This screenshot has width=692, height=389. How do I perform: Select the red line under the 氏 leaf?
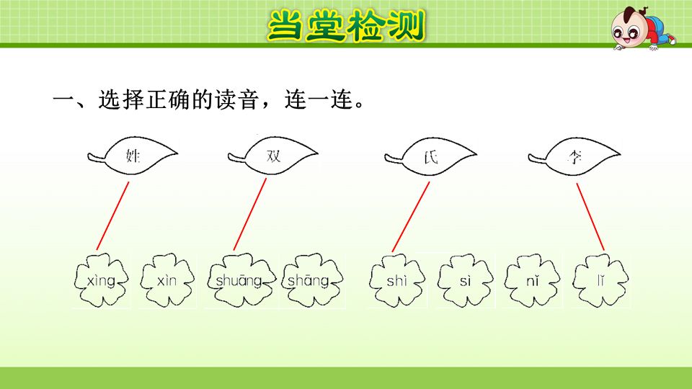411,216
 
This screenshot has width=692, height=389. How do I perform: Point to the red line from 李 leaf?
590,216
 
